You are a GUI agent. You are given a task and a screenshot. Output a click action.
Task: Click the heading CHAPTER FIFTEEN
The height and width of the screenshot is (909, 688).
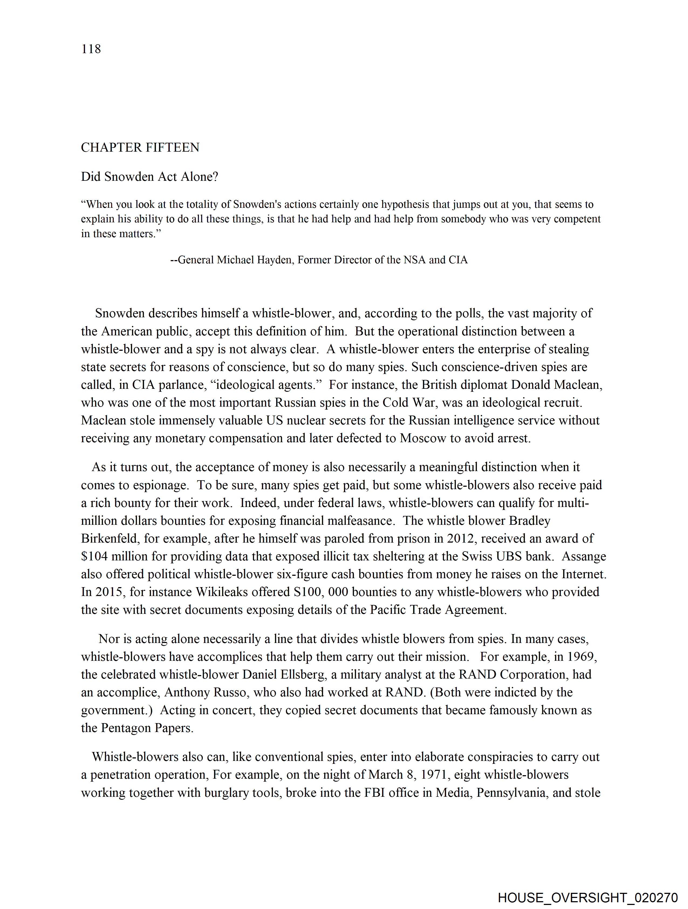pos(140,148)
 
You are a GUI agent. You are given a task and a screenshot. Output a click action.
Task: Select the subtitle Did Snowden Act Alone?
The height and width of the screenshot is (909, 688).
pos(149,177)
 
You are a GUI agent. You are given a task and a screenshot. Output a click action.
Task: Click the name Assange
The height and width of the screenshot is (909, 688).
pos(584,556)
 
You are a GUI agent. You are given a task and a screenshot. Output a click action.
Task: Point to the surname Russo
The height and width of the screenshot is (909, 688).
pos(230,692)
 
